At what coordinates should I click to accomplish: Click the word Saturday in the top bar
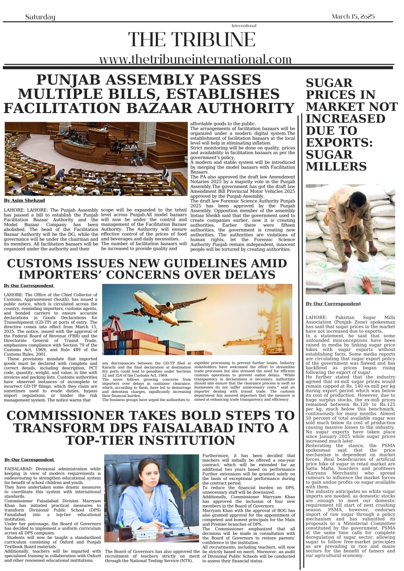point(40,17)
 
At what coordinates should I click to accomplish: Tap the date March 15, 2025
point(353,16)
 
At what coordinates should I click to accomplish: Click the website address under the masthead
point(195,59)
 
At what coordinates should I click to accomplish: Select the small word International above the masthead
point(244,26)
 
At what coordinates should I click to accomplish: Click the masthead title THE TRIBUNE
point(192,40)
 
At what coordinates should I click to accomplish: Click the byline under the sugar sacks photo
point(333,304)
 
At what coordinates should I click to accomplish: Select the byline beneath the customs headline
point(29,286)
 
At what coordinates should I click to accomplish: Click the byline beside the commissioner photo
point(29,460)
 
